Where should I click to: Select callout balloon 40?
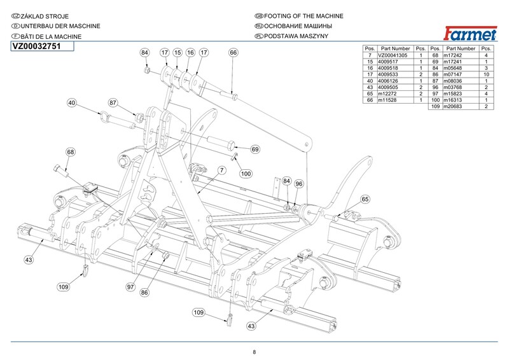[71, 103]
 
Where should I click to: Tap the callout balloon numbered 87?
[113, 103]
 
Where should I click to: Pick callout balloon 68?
[70, 152]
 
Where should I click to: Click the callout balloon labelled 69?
[255, 149]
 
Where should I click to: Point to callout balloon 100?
[246, 173]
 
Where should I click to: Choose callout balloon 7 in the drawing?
[222, 170]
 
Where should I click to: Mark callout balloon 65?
[365, 199]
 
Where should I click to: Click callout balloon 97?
[131, 287]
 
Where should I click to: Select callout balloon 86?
[144, 293]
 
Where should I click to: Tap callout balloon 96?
[299, 184]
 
